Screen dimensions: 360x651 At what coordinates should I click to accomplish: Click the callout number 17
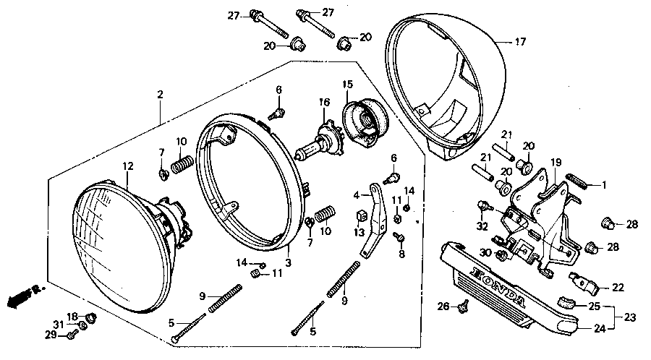coord(521,43)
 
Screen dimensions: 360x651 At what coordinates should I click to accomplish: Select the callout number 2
coord(160,95)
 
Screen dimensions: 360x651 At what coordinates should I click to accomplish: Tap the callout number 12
coord(127,167)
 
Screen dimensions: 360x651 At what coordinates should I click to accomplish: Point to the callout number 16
coord(324,102)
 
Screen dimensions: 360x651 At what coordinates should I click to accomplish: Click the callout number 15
coord(346,85)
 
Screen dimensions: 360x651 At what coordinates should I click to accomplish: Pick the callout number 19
coord(556,162)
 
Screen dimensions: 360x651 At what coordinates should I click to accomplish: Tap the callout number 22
coord(618,287)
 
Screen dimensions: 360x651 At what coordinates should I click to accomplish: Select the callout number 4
coord(357,195)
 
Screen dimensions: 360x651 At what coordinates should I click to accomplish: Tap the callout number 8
coord(401,254)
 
